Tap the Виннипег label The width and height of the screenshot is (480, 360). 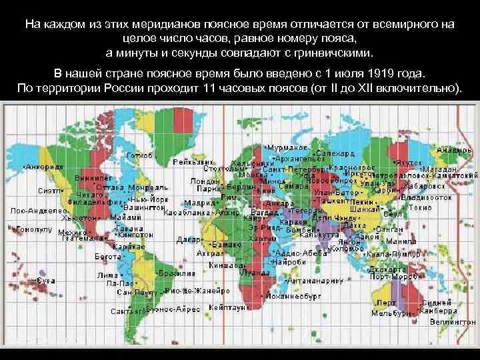89,178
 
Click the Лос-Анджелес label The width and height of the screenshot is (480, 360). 34,209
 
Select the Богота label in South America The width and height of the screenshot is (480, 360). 107,256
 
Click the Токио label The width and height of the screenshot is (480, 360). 437,207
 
